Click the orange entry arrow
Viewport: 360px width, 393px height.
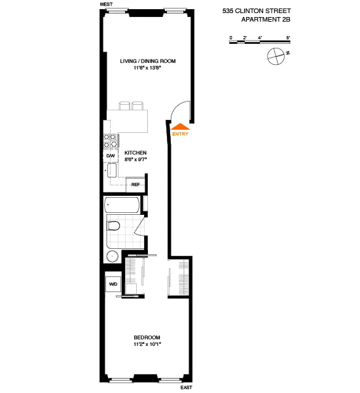coord(180,127)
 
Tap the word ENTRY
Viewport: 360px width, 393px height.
coord(180,135)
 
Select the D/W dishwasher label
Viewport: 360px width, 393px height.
coord(111,155)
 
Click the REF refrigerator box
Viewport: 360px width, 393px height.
coord(135,185)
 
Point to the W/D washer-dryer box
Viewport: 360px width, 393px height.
coord(113,284)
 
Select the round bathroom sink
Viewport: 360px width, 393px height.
coord(113,256)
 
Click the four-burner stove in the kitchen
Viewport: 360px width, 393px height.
coord(111,140)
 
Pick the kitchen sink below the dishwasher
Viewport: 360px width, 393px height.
coord(111,172)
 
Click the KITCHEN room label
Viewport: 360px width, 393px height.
coord(135,152)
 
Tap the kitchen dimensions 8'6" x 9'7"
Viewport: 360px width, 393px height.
coord(135,159)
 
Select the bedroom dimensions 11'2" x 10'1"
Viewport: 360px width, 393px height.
coord(147,344)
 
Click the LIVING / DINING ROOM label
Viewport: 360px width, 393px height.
coord(149,61)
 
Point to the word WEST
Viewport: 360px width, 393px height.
coord(107,4)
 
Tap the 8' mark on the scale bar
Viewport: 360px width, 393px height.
coord(287,37)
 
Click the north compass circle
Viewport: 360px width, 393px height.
coord(276,56)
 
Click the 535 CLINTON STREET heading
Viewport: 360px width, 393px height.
coord(261,10)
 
